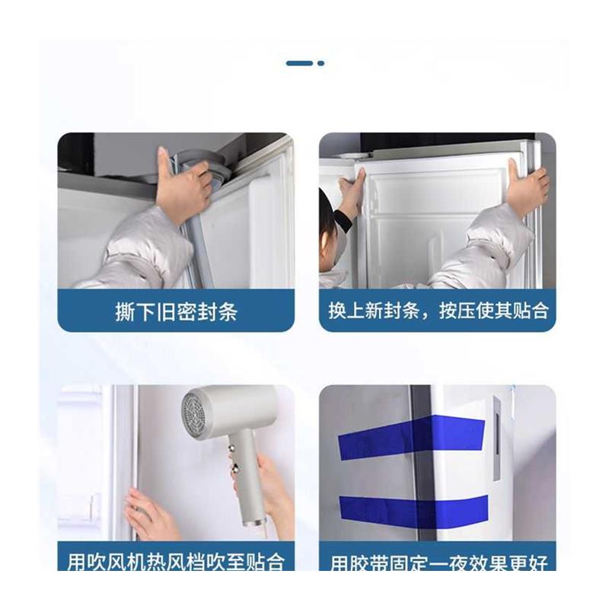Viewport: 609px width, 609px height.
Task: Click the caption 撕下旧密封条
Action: point(176,311)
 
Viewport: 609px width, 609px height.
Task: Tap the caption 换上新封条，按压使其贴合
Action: point(438,311)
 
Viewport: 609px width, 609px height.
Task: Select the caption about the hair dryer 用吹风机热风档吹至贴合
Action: point(176,563)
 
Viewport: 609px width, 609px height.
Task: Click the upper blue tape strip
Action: point(411,438)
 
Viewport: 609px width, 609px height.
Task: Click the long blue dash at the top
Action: point(300,63)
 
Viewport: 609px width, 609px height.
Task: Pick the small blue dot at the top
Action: point(320,63)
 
